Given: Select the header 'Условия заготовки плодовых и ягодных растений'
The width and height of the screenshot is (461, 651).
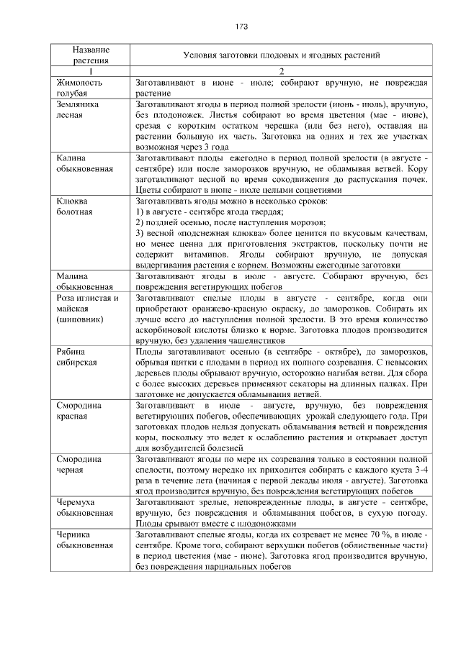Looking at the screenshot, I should tap(282, 55).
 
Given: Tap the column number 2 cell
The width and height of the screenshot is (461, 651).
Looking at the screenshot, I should tap(282, 71).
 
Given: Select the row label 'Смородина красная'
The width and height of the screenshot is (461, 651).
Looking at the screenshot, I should tap(80, 410).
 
